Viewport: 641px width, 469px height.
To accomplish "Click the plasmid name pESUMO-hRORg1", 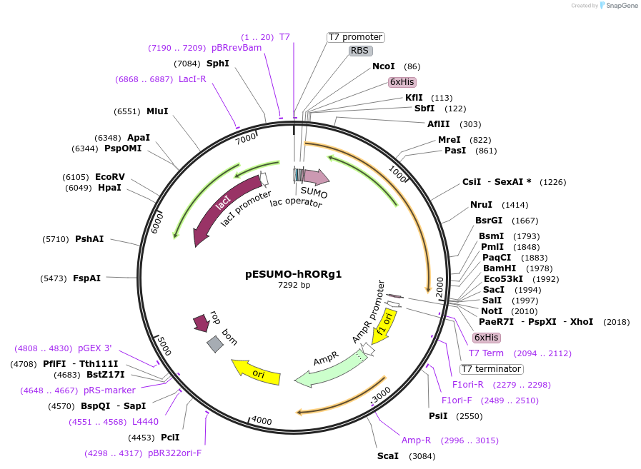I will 294,273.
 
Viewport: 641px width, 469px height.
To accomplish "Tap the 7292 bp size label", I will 294,285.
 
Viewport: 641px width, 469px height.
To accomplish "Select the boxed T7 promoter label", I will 356,37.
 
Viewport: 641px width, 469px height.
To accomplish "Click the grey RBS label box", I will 359,51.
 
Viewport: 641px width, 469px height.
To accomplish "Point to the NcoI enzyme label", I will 384,66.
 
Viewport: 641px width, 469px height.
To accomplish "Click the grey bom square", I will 215,344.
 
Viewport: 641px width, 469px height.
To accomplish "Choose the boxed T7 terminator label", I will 491,369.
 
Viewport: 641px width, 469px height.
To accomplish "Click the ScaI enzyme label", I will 388,455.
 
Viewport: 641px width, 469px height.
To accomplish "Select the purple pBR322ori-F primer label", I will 175,453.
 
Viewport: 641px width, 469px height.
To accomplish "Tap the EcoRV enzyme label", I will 110,176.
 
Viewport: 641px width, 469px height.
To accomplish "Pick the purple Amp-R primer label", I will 416,440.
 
